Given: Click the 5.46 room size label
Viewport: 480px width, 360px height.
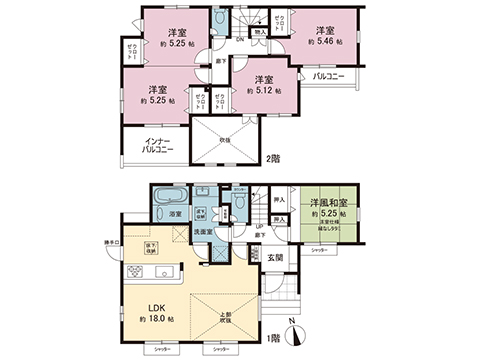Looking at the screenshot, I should (326, 41).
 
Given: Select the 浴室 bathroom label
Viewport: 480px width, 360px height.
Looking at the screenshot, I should (174, 215).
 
